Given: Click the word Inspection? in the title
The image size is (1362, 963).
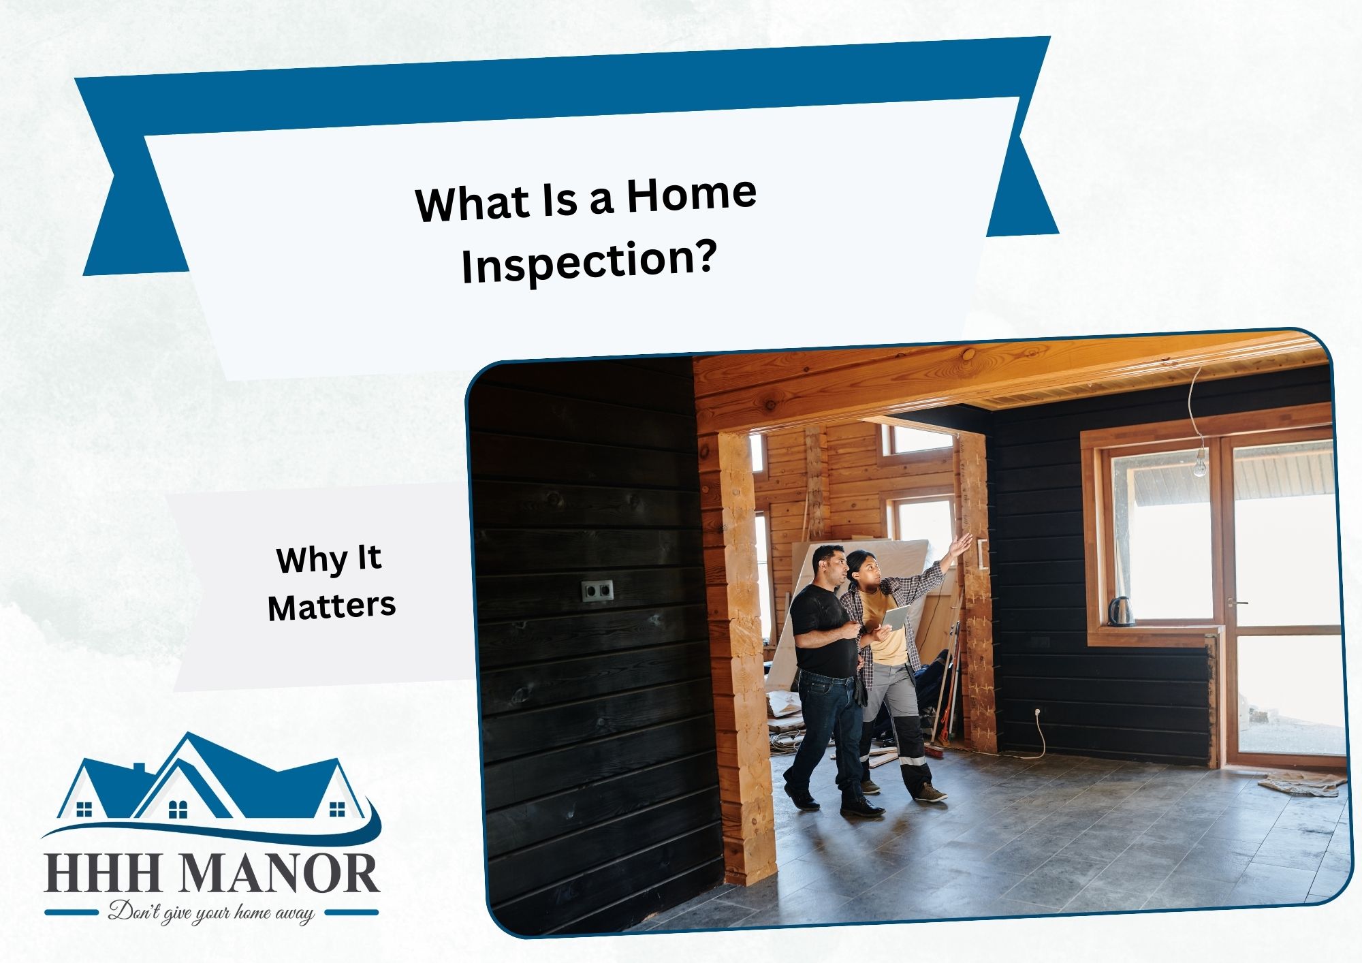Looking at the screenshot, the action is pyautogui.click(x=590, y=263).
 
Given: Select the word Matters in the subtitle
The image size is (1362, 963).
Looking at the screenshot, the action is pyautogui.click(x=332, y=606).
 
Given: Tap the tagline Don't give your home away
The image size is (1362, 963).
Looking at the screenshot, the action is pyautogui.click(x=212, y=913).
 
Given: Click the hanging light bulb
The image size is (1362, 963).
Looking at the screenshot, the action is pyautogui.click(x=1199, y=462).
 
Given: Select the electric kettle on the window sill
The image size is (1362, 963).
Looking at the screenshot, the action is pyautogui.click(x=1120, y=611).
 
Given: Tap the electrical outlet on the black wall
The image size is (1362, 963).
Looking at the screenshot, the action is pyautogui.click(x=597, y=590).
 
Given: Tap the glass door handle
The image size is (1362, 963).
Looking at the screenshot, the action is pyautogui.click(x=1237, y=603).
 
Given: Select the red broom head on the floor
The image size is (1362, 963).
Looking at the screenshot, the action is pyautogui.click(x=935, y=751).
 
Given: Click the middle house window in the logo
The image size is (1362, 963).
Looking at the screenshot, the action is pyautogui.click(x=177, y=809).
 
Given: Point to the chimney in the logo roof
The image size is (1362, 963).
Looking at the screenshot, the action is pyautogui.click(x=138, y=768).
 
